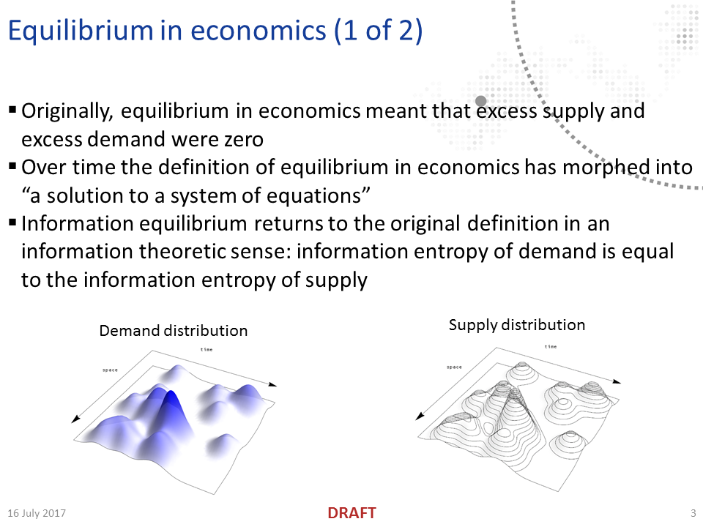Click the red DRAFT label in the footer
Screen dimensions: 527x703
351,513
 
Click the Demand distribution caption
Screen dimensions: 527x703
174,331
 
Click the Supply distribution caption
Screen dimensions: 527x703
517,325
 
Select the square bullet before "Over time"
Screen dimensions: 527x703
12,166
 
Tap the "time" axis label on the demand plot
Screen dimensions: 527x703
207,350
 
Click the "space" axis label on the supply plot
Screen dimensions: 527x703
454,367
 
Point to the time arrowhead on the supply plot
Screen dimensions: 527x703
617,381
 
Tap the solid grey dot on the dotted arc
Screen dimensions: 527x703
481,101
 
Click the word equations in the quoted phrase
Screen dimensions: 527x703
316,195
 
